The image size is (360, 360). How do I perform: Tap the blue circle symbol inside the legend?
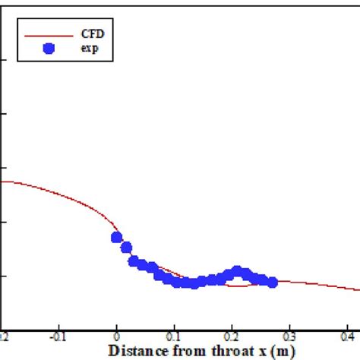coord(49,49)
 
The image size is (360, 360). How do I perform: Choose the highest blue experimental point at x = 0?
coord(116,237)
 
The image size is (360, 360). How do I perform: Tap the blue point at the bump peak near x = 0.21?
coord(237,270)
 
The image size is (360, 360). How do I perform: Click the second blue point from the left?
coord(126,247)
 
